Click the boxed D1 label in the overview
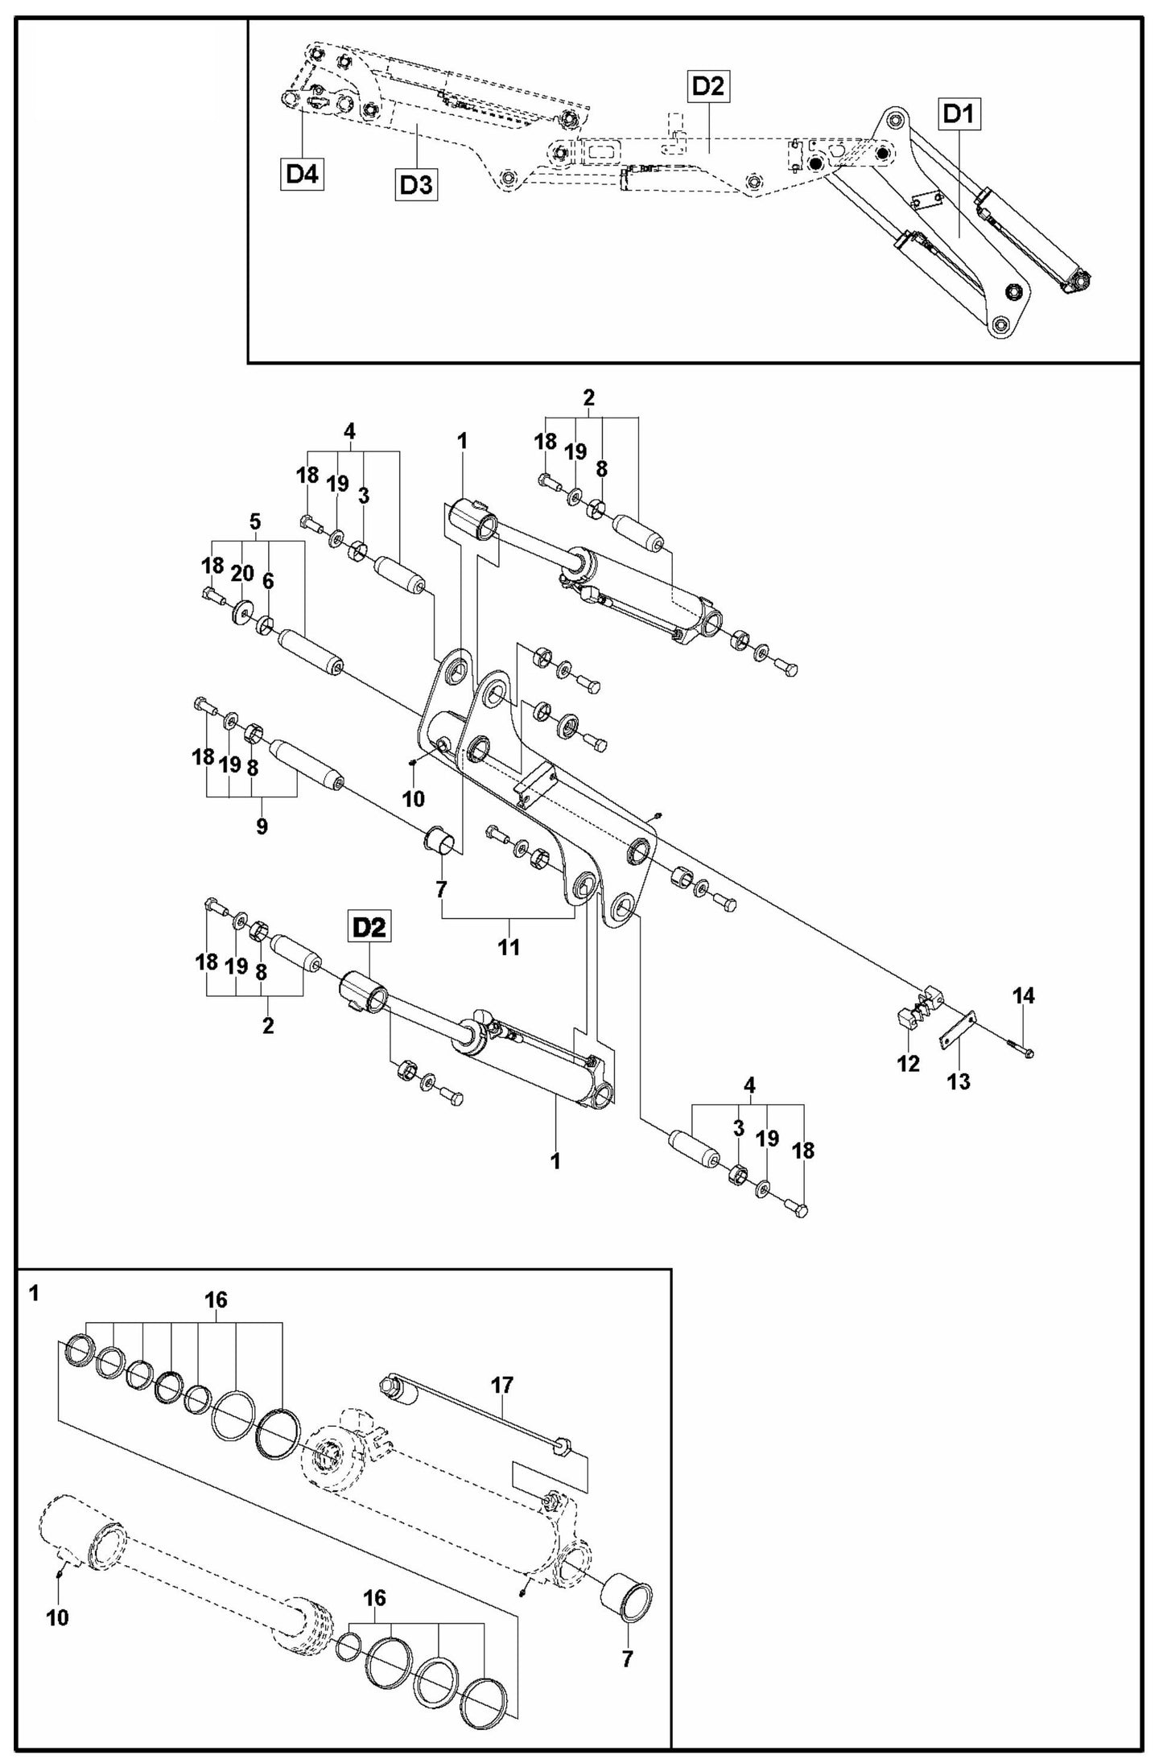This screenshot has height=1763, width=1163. (958, 114)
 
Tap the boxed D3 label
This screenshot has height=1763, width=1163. (416, 185)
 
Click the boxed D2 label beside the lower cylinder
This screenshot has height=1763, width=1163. (369, 928)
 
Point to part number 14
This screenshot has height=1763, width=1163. (1023, 995)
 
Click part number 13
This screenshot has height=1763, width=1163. (959, 1081)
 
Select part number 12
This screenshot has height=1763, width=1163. (908, 1064)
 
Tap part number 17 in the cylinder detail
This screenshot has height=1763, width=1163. (502, 1385)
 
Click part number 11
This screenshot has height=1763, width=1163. (509, 947)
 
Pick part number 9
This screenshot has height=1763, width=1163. (262, 826)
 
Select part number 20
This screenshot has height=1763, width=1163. (242, 573)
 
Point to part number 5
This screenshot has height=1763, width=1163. (255, 521)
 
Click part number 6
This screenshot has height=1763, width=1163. (268, 581)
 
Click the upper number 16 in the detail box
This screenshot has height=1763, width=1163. (217, 1299)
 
